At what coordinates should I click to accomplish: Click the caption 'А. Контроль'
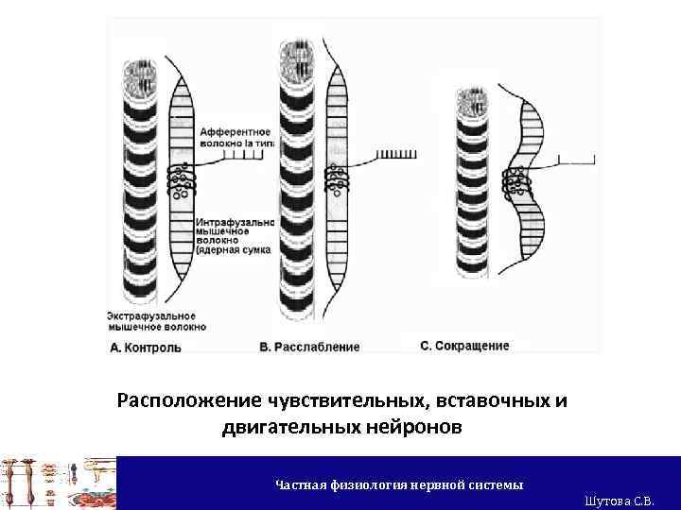coord(147,348)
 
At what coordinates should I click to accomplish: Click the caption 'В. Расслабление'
coord(309,348)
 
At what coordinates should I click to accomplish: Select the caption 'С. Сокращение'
coord(464,346)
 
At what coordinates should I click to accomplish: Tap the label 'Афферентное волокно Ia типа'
coord(236,137)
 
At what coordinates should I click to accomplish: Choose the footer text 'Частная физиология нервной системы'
coord(398,484)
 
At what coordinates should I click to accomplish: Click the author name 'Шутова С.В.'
coord(620,500)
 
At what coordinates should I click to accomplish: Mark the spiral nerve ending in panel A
coord(182,177)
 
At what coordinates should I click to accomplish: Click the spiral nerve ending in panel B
coord(338,177)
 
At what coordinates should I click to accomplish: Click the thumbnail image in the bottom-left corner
coord(57,483)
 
